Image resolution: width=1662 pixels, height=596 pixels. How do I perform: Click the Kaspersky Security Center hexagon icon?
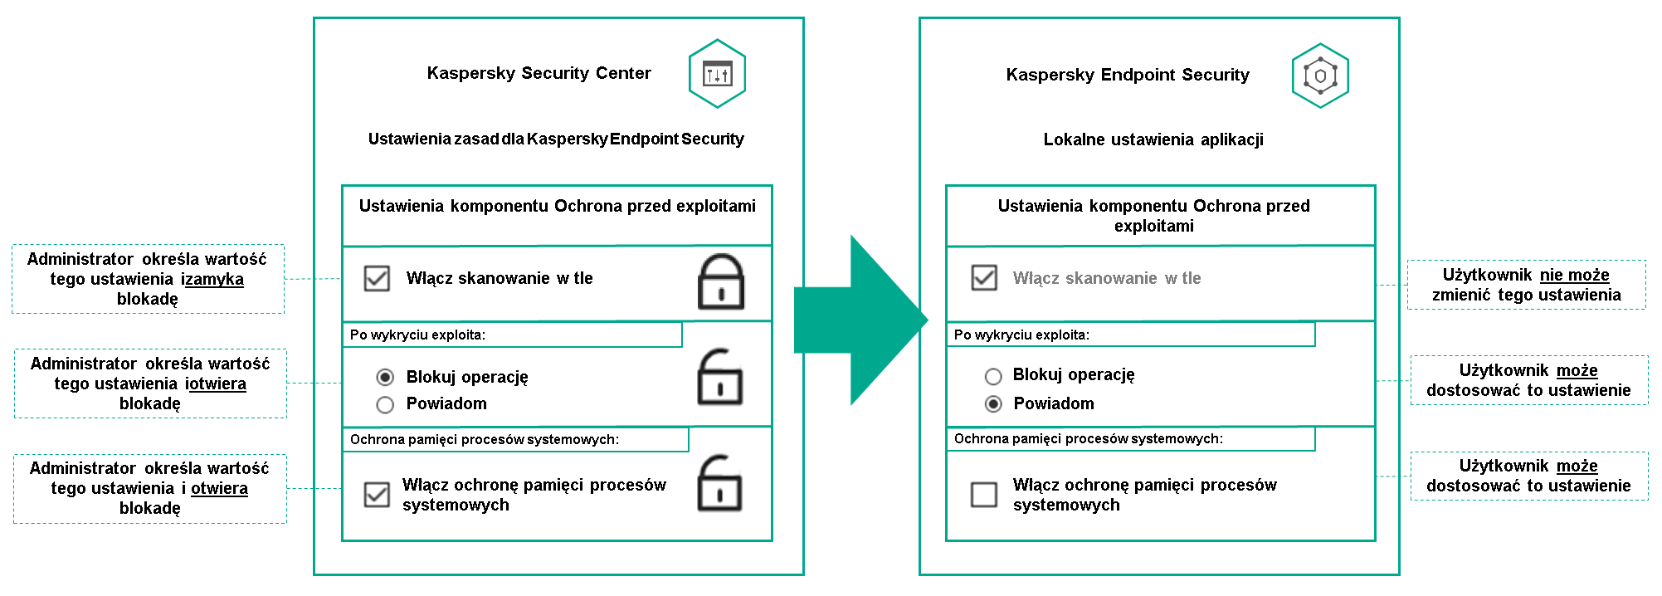pos(717,74)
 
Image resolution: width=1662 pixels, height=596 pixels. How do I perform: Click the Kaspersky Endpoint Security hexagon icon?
pos(1320,76)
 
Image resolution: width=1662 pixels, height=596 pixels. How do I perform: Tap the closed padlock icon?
pos(720,282)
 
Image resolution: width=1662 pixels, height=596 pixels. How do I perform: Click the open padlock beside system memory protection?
pos(719,483)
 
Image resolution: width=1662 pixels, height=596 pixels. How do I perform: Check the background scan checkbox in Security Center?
pos(377,278)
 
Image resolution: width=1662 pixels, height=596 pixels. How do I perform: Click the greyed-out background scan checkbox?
pos(984,277)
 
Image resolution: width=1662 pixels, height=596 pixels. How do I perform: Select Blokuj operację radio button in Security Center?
pos(385,378)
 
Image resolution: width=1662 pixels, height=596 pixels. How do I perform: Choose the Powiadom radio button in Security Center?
pos(385,405)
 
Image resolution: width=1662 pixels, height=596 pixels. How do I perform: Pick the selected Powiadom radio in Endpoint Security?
pos(993,404)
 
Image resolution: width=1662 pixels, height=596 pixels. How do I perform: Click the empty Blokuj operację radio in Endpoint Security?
pos(993,377)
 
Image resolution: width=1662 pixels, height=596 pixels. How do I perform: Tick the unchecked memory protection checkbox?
pos(984,495)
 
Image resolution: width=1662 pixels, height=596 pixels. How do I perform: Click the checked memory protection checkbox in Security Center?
pos(377,495)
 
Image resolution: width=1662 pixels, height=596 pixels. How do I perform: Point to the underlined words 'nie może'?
pos(1574,275)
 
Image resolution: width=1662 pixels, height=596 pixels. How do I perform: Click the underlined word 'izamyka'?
pos(212,280)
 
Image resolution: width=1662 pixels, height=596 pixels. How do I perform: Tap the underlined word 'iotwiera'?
pos(216,384)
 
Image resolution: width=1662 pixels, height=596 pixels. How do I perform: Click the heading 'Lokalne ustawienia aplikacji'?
pos(1153,139)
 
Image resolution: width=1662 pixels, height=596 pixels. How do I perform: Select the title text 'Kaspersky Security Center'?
pos(539,73)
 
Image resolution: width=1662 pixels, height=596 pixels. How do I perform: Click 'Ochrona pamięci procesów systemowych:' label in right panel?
pos(1088,438)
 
